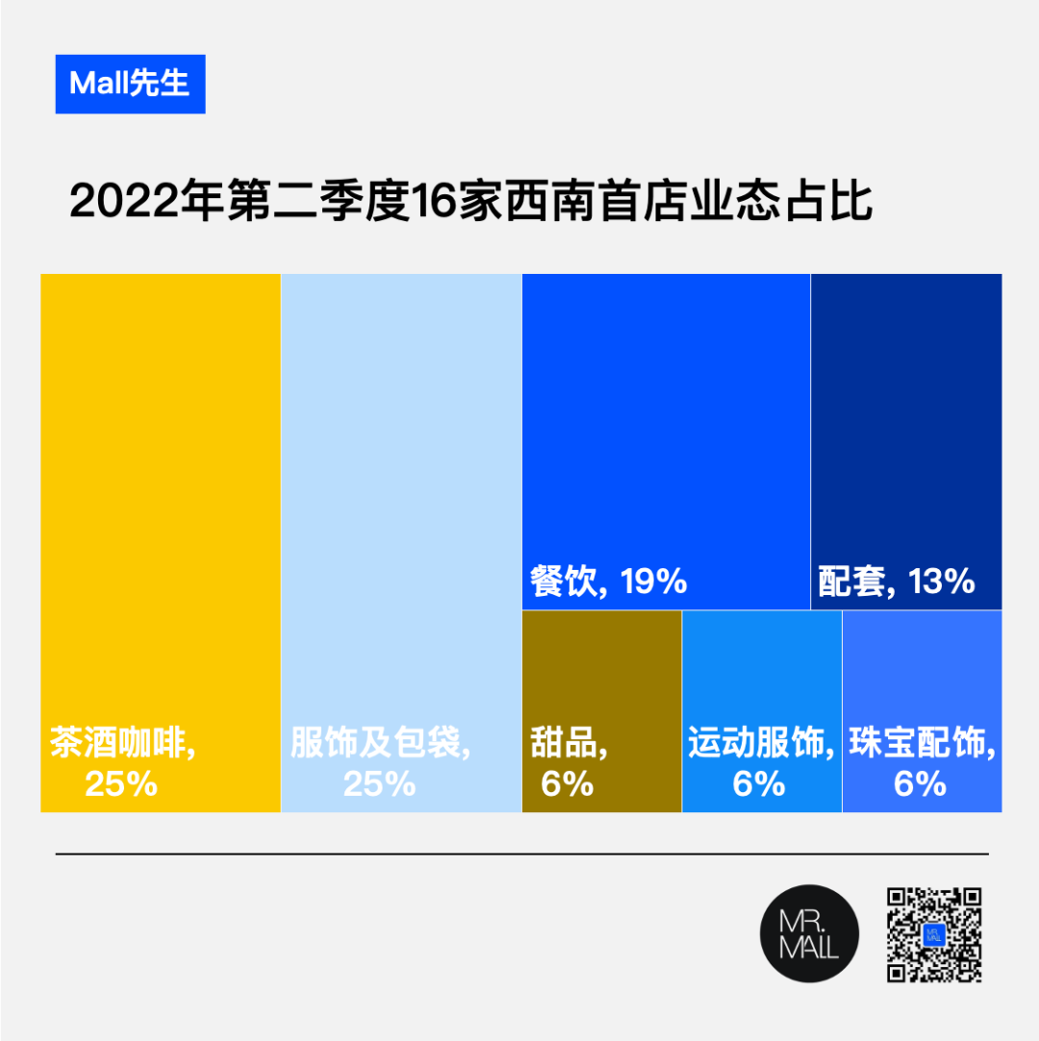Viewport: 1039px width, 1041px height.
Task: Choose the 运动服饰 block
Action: pyautogui.click(x=762, y=673)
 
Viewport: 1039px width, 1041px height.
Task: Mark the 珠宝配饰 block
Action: pyautogui.click(x=922, y=673)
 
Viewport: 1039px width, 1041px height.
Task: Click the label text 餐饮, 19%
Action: pyautogui.click(x=608, y=582)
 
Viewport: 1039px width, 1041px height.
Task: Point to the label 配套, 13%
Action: pyautogui.click(x=897, y=582)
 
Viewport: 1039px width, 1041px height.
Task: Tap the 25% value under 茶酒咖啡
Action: pyautogui.click(x=121, y=784)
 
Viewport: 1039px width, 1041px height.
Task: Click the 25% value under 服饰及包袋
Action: pyautogui.click(x=379, y=784)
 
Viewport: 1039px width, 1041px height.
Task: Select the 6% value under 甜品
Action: pyautogui.click(x=567, y=784)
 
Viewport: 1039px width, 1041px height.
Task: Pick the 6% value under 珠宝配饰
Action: pyautogui.click(x=921, y=784)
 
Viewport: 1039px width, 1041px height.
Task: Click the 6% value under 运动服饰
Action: pyautogui.click(x=759, y=784)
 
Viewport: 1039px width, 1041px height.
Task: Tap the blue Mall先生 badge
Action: pyautogui.click(x=130, y=84)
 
